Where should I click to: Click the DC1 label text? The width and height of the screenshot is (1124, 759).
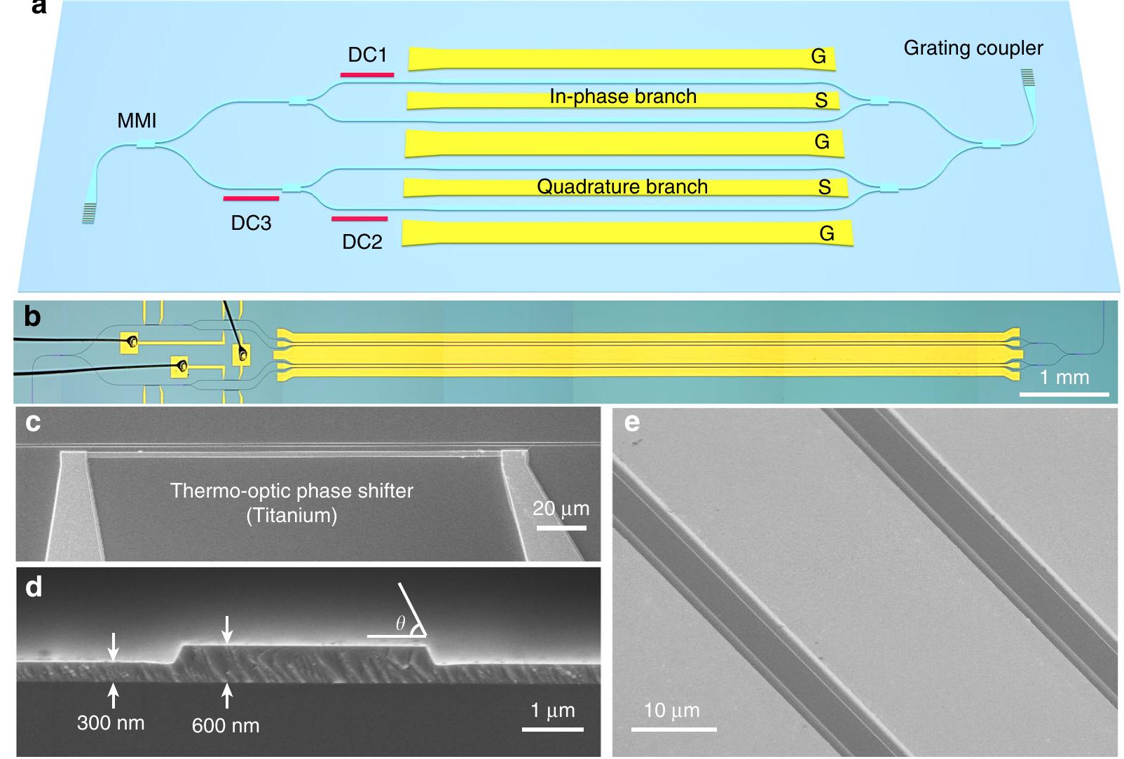367,55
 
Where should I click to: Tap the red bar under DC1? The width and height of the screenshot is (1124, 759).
367,74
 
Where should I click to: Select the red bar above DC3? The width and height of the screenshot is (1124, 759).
251,198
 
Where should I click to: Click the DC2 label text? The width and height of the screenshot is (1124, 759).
362,242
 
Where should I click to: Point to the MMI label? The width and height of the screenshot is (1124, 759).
137,121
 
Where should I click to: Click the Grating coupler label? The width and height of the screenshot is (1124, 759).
973,48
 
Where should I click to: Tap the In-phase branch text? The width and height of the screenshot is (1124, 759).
622,97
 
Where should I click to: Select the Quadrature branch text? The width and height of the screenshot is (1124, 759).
622,187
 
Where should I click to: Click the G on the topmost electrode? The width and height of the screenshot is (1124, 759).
818,57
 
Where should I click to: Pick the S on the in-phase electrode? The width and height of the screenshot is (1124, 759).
821,101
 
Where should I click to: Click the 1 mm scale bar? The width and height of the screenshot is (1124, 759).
1064,394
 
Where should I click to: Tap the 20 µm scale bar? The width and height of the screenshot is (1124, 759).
561,527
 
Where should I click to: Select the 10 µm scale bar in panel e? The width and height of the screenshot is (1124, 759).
673,729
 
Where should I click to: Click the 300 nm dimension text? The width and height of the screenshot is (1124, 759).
111,723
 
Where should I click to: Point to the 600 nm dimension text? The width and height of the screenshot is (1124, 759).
226,725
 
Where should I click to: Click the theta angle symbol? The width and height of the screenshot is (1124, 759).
401,624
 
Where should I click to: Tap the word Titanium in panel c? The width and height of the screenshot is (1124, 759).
292,516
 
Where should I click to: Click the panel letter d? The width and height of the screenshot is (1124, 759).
33,587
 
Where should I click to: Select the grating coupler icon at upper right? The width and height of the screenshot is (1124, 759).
1027,76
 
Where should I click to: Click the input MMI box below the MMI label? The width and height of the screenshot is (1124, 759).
145,144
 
